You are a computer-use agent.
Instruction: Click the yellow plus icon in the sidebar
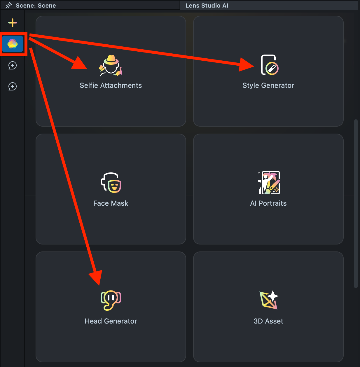tap(13, 23)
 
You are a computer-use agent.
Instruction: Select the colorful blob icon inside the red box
tap(13, 44)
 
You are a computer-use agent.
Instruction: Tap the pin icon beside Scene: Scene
tap(9, 5)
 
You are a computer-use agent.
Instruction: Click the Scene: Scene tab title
tap(36, 6)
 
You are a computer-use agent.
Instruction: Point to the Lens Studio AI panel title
tap(207, 6)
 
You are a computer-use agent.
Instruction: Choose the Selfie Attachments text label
tap(111, 85)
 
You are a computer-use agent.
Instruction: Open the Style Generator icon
tap(269, 65)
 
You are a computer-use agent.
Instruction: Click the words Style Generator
tap(268, 85)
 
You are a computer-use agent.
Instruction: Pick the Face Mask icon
tap(111, 183)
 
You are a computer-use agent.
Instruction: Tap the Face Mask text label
tap(111, 203)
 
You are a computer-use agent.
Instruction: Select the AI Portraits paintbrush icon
tap(269, 183)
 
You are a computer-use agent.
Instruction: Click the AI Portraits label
tap(268, 203)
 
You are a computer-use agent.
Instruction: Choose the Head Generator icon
tap(111, 300)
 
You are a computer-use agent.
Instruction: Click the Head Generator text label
tap(111, 321)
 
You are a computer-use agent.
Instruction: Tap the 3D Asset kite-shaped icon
tap(269, 300)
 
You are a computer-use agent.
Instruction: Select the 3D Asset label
tap(268, 321)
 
